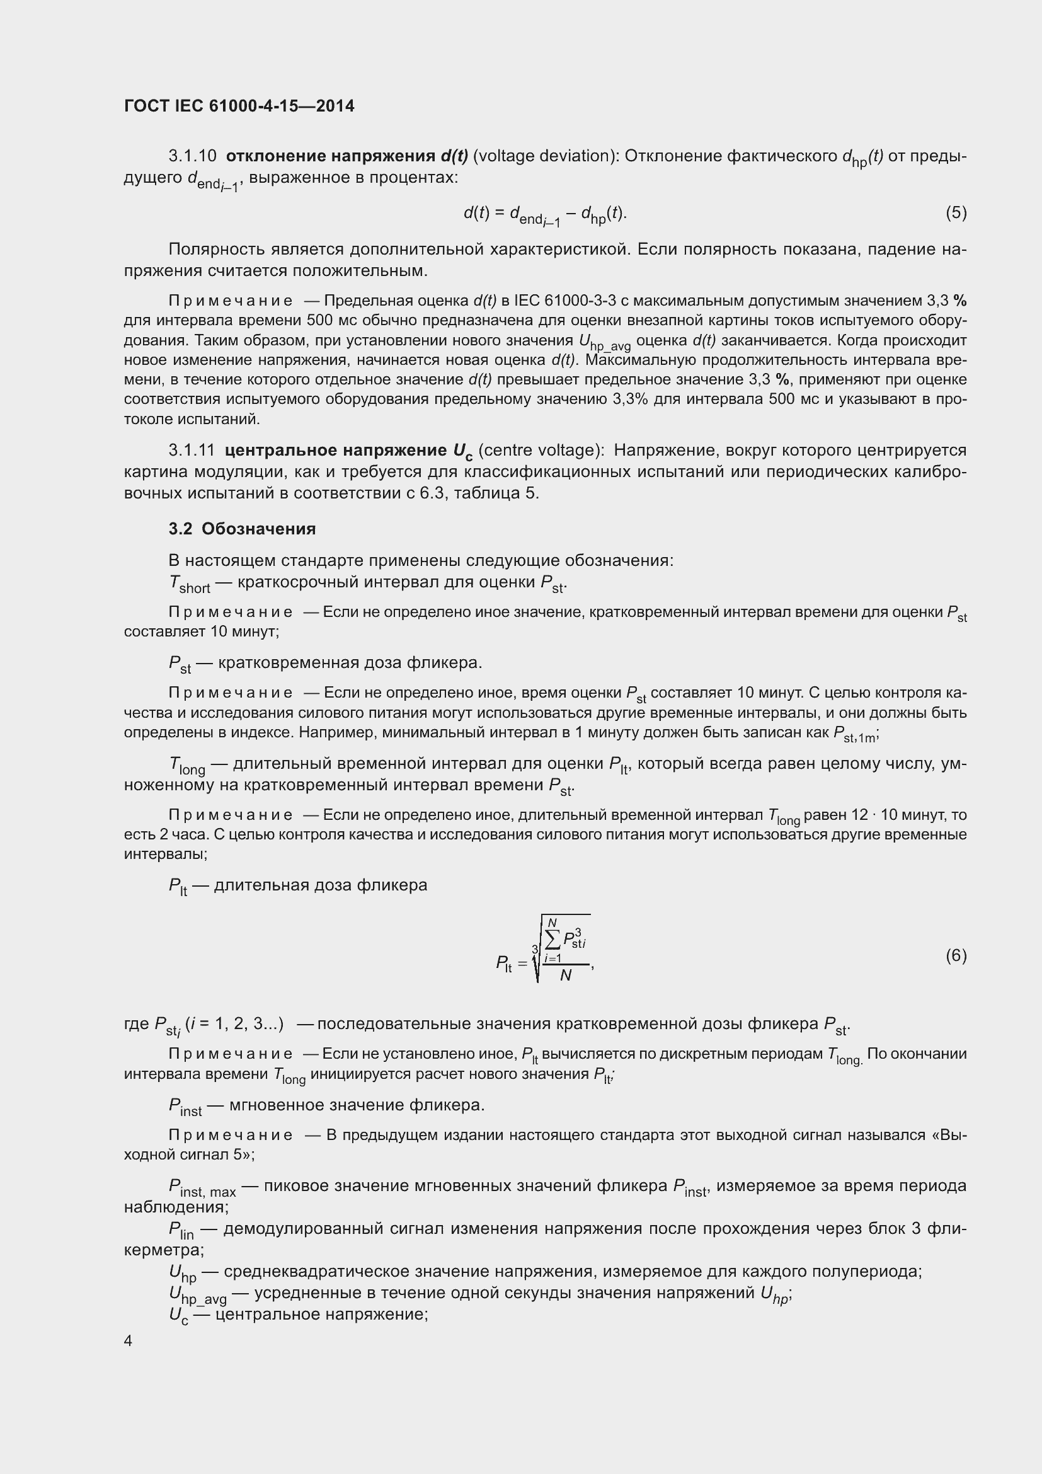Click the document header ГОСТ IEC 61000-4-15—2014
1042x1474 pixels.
point(239,106)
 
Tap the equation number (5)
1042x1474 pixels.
point(956,212)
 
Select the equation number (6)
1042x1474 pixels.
point(956,956)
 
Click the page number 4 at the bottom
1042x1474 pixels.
point(129,1341)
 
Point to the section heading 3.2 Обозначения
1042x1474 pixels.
point(242,529)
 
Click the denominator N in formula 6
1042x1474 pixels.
point(565,976)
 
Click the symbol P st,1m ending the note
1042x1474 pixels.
point(854,734)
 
